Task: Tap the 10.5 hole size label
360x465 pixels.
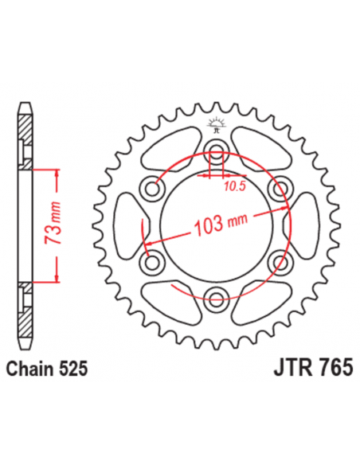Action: tap(234, 187)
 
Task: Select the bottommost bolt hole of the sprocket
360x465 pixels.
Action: tap(214, 299)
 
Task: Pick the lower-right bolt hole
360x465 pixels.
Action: tap(278, 263)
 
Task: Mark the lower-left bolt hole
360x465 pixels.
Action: tap(151, 263)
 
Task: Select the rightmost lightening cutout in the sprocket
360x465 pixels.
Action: tap(300, 226)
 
